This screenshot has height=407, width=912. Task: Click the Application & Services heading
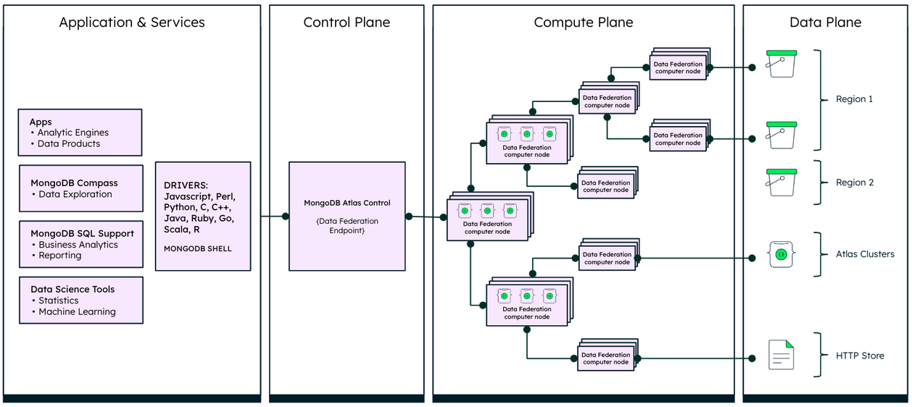click(132, 22)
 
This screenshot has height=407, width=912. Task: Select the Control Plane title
click(347, 22)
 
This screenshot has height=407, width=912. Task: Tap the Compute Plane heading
click(583, 22)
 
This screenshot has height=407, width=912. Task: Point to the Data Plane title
click(825, 22)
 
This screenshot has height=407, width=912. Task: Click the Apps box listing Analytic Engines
click(80, 133)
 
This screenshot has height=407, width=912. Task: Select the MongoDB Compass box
click(80, 188)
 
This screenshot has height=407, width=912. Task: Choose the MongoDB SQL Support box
click(80, 244)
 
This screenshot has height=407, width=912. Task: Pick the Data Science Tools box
click(80, 300)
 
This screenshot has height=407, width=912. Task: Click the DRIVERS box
click(203, 216)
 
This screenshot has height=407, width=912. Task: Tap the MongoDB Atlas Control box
click(347, 216)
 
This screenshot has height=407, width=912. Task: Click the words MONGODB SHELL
click(198, 248)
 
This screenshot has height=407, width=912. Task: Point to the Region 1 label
click(854, 99)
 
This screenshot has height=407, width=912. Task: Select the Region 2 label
click(854, 182)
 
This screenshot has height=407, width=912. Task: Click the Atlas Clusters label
click(864, 254)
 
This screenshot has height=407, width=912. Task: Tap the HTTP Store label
click(860, 356)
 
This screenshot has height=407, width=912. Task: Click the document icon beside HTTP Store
click(781, 355)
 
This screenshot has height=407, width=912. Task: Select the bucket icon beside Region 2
click(781, 182)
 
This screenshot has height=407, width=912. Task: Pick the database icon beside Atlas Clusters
click(781, 255)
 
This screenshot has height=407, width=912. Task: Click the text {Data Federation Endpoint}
click(347, 226)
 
